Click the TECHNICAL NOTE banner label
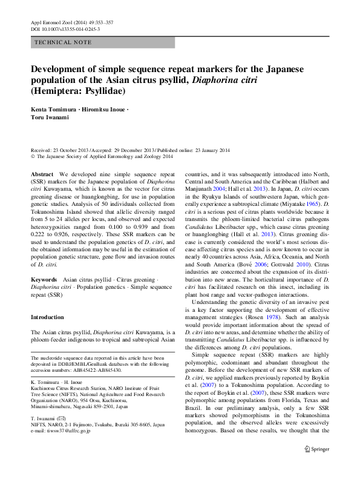click(x=64, y=42)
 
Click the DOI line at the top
click(x=65, y=28)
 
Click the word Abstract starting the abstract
click(x=42, y=174)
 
